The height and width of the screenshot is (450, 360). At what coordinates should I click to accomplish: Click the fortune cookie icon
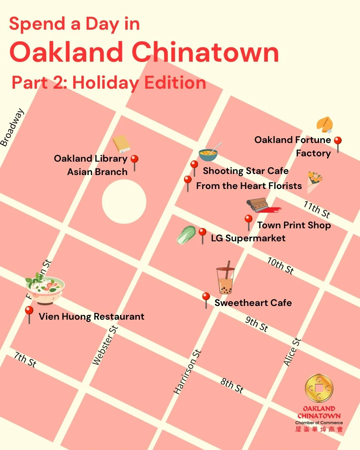[325, 125]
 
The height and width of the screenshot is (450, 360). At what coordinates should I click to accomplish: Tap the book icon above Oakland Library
[121, 144]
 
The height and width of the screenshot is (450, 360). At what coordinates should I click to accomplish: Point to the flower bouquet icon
[314, 182]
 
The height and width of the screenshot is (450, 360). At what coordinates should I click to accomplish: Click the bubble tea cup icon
[226, 278]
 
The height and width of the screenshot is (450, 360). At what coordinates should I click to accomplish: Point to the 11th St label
[317, 209]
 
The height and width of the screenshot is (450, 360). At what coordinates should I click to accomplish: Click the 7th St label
[25, 359]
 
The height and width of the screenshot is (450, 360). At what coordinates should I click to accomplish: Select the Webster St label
[105, 345]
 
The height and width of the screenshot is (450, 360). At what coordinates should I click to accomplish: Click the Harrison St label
[188, 372]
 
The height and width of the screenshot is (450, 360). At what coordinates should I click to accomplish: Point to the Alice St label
[292, 352]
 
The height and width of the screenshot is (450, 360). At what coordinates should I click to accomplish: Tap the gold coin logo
[319, 388]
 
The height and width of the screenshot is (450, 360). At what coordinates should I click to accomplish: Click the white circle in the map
[124, 201]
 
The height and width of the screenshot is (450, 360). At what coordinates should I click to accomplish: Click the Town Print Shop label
[294, 225]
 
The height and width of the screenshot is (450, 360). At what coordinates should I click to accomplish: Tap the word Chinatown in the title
[205, 52]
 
